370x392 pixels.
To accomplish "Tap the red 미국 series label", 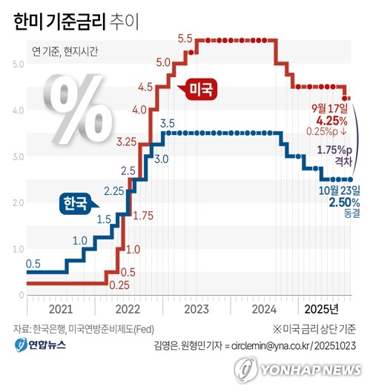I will [199, 90].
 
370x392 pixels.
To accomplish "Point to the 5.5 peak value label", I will [185, 39].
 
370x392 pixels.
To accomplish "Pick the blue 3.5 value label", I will [167, 123].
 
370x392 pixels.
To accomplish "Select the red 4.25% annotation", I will [332, 119].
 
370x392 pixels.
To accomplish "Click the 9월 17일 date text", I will [331, 108].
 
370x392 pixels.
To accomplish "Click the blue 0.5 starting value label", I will [33, 263].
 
